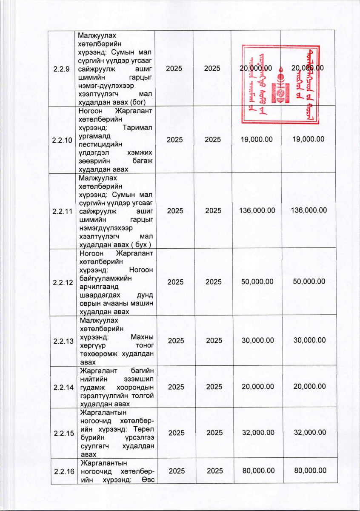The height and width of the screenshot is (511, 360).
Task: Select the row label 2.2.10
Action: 62,139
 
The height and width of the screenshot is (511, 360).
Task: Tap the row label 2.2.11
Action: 62,210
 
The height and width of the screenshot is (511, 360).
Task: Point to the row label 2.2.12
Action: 62,281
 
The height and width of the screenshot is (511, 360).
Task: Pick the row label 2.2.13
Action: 62,340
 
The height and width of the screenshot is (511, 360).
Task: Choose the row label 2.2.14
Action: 62,387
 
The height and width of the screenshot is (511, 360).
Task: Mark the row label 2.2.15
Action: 62,433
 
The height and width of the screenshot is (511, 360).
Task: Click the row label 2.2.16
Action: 62,471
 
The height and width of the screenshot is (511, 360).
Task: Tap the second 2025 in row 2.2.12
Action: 214,281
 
